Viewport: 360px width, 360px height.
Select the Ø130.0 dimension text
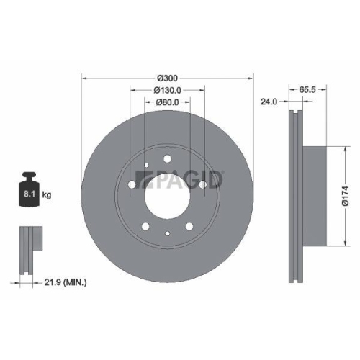click(167, 90)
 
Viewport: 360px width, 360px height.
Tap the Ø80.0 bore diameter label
click(167, 102)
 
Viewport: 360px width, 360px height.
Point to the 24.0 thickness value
click(269, 102)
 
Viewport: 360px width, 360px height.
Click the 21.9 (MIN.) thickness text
click(64, 283)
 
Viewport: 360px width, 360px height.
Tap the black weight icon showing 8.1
click(28, 190)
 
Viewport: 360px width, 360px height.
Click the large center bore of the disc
click(167, 195)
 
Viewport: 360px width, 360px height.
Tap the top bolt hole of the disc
click(167, 160)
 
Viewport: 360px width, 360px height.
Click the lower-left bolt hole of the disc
click(145, 225)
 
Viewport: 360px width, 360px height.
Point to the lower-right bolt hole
click(189, 225)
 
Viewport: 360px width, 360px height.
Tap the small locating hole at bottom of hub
click(167, 233)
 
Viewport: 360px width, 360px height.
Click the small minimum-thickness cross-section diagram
click(28, 249)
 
